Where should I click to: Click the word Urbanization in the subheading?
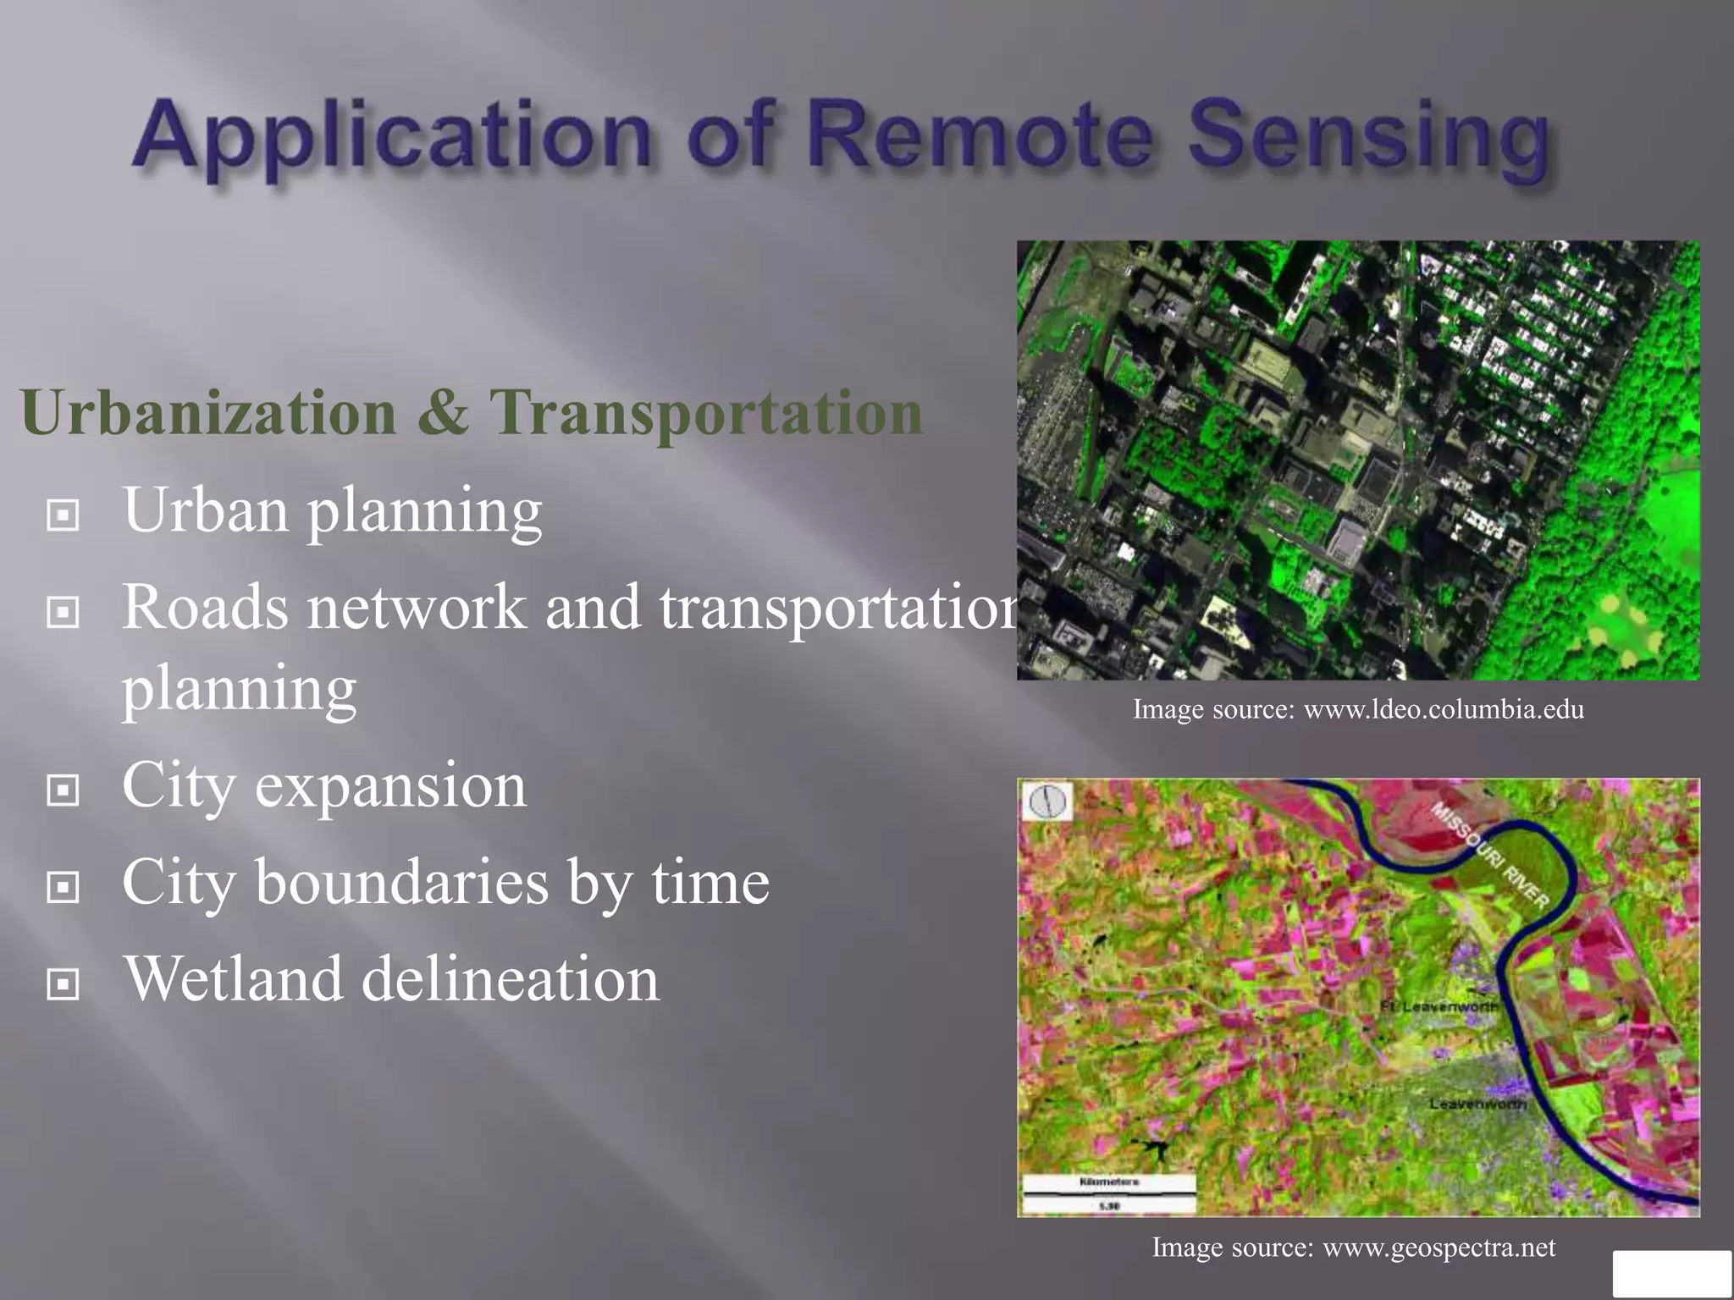tap(208, 413)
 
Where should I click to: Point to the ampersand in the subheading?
tap(442, 413)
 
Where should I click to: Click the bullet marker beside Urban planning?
tap(64, 514)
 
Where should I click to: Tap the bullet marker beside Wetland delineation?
tap(64, 983)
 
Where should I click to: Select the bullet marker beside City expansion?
tap(64, 790)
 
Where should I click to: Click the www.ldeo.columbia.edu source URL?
tap(1443, 709)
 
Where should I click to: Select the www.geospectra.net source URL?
tap(1439, 1248)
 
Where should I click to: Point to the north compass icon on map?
tap(1047, 801)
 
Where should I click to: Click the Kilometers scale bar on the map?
tap(1109, 1193)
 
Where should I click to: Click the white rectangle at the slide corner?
tap(1671, 1273)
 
